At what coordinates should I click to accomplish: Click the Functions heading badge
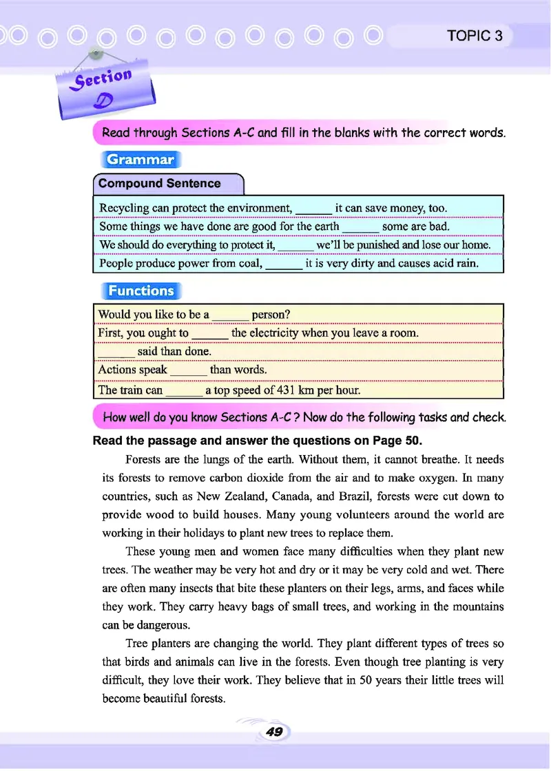click(141, 291)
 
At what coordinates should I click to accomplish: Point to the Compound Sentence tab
click(160, 184)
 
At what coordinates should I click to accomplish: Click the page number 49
click(274, 732)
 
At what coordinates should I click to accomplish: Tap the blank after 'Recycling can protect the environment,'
click(313, 209)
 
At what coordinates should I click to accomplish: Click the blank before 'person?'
click(230, 315)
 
